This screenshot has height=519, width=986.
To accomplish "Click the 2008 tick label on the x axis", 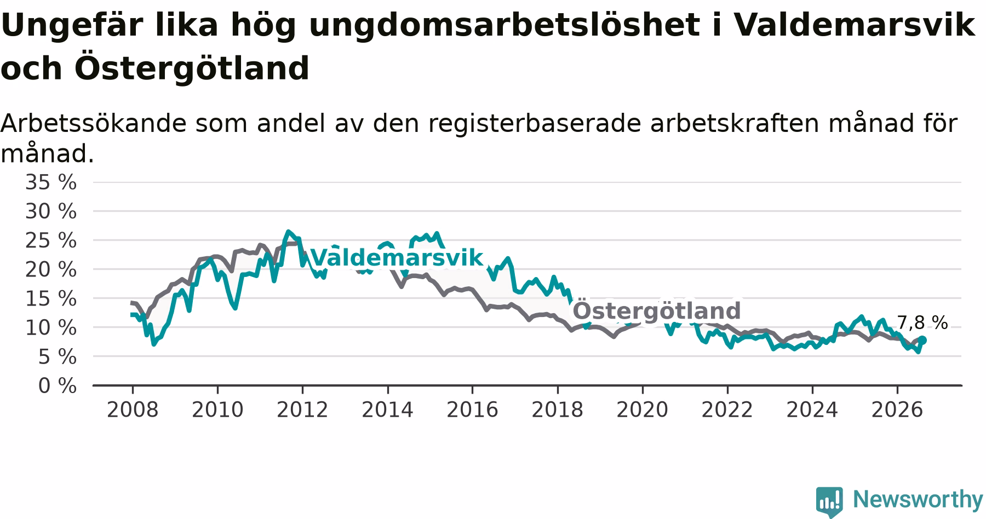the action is (x=133, y=410).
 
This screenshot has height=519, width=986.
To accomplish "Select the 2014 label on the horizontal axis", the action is (x=387, y=410).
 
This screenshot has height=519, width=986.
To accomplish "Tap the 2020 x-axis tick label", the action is (x=643, y=410).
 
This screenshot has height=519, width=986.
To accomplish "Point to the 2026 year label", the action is (x=897, y=410).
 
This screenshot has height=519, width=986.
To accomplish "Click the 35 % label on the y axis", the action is (x=51, y=182).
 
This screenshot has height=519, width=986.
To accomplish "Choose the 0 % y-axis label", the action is (x=58, y=386).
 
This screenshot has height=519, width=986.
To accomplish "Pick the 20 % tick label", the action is (x=51, y=269).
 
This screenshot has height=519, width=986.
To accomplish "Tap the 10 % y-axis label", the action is (x=51, y=328).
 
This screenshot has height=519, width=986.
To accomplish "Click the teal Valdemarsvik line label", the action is (x=397, y=257).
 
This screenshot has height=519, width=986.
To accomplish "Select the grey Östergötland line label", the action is (x=656, y=310).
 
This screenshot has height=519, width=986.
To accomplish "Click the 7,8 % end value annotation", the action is (x=922, y=323).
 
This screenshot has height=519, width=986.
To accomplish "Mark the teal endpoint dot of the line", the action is (x=922, y=340).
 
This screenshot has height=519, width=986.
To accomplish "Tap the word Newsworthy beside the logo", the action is (x=918, y=499).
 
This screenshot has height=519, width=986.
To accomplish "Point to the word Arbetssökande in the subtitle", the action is (x=94, y=124).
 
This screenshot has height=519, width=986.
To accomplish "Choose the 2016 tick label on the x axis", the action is (x=472, y=410).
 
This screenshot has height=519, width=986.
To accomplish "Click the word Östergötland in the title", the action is (x=192, y=68).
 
